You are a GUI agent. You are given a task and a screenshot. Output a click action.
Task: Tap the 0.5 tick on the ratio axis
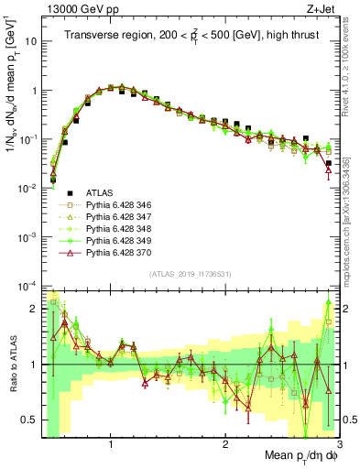click(x=30, y=420)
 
